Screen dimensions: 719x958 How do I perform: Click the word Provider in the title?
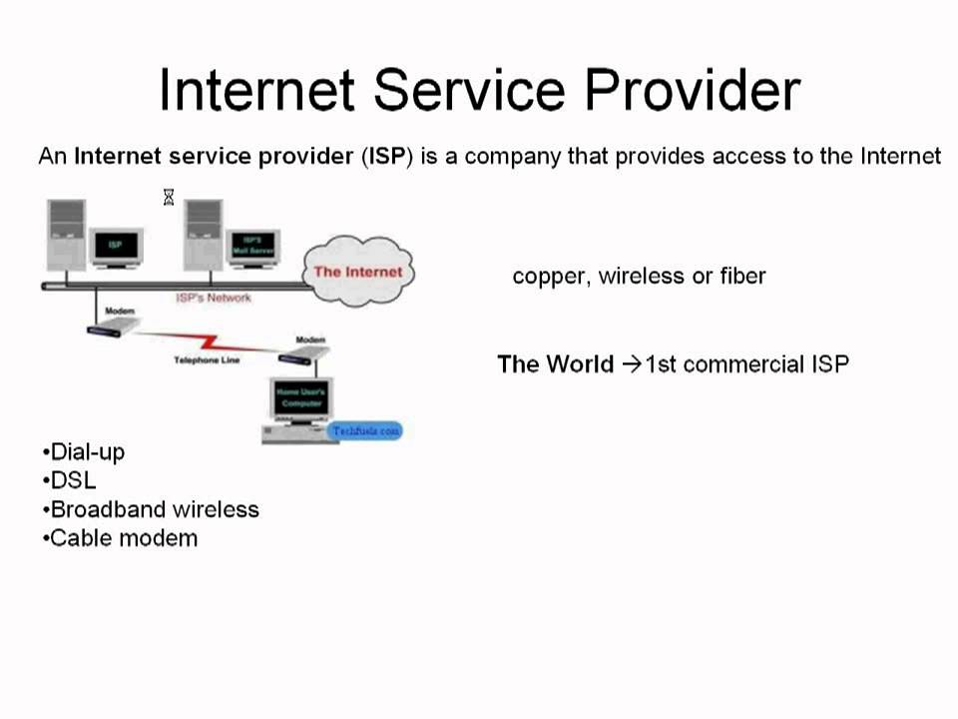(693, 91)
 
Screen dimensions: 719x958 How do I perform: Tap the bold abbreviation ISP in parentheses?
(387, 157)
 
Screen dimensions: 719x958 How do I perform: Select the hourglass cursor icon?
(169, 198)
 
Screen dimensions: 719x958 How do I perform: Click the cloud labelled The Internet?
(357, 272)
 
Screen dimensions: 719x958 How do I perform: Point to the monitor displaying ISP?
(116, 246)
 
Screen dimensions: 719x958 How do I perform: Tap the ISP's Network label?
(214, 298)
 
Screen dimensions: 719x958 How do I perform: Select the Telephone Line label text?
(207, 359)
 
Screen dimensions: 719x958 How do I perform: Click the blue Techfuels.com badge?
(365, 430)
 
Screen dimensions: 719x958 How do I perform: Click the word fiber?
(742, 276)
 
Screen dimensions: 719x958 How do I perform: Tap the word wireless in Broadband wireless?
(216, 509)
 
